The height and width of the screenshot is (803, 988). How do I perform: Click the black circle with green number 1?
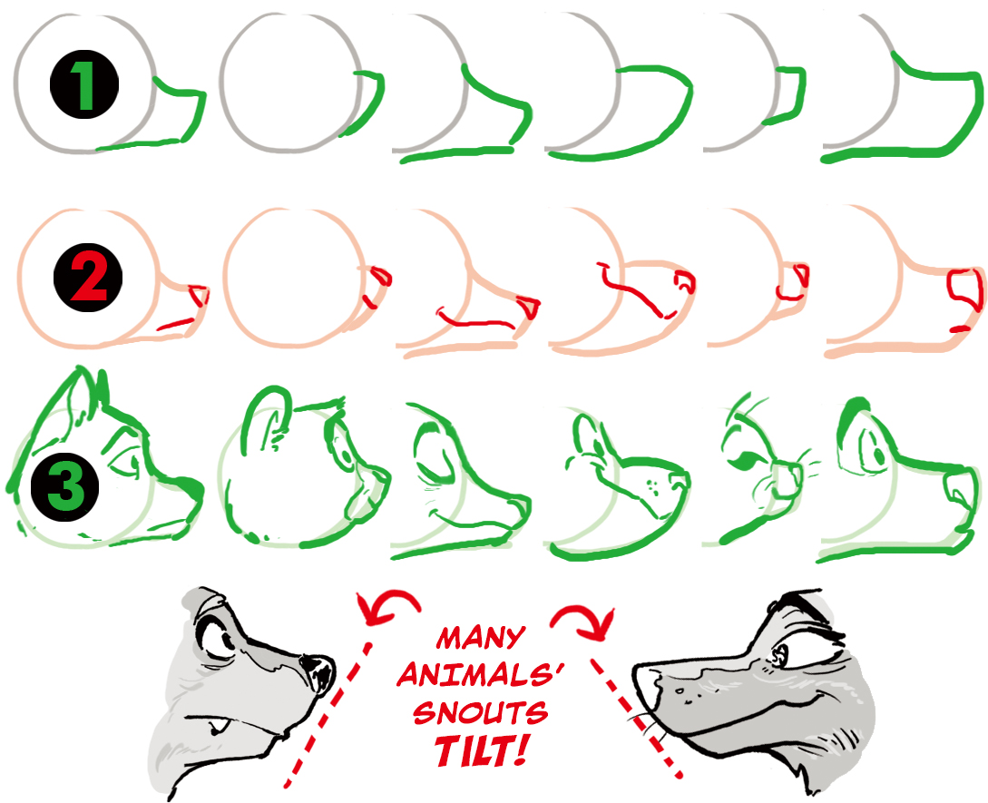[83, 84]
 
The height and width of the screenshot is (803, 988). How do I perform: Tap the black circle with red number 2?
[88, 278]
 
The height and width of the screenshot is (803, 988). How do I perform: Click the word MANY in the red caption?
[480, 638]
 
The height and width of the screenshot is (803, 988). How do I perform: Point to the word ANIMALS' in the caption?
[480, 675]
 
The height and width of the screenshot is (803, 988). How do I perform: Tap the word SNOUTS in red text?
[480, 713]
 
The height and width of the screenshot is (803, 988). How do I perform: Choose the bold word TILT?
[480, 750]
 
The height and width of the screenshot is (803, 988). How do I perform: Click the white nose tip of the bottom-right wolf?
[645, 684]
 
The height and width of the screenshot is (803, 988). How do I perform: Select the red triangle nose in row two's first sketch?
[199, 295]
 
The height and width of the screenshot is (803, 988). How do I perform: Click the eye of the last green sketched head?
[877, 453]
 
